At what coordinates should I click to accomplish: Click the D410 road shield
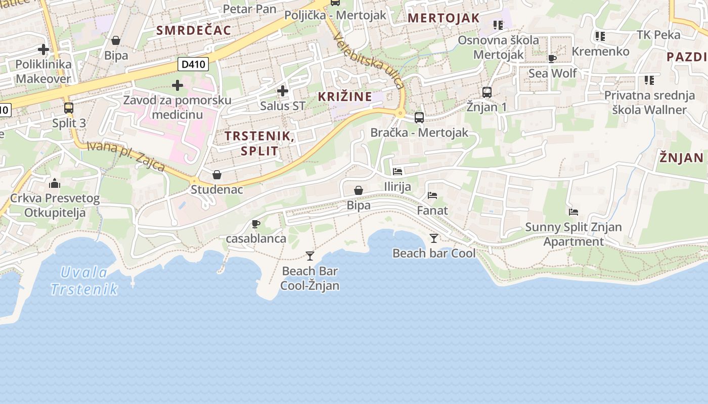point(193,64)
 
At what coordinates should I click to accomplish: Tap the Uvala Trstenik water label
point(84,281)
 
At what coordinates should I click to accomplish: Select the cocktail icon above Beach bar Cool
point(433,238)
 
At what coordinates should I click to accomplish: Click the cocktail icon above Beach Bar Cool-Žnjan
point(310,256)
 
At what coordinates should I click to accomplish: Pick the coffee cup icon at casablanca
point(256,224)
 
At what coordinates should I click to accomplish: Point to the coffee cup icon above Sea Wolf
point(552,59)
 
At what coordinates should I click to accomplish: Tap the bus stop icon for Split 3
point(69,108)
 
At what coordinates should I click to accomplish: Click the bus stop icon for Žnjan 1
point(486,92)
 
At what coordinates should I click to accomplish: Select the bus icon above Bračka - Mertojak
point(419,118)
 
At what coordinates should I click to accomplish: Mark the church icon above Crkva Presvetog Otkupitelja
point(55,183)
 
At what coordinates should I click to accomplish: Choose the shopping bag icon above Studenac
point(217,175)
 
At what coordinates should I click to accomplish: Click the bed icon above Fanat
point(432,195)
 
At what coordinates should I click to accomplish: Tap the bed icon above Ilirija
point(397,172)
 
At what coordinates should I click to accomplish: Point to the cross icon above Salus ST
point(283,91)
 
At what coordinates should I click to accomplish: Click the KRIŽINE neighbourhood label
point(344,96)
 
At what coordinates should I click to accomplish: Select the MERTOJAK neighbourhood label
point(444,18)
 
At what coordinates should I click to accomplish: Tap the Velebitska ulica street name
point(369,61)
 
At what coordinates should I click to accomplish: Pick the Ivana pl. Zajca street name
point(125,156)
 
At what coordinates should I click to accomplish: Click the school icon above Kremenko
point(600,36)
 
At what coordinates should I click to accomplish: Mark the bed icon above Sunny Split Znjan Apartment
point(573,212)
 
